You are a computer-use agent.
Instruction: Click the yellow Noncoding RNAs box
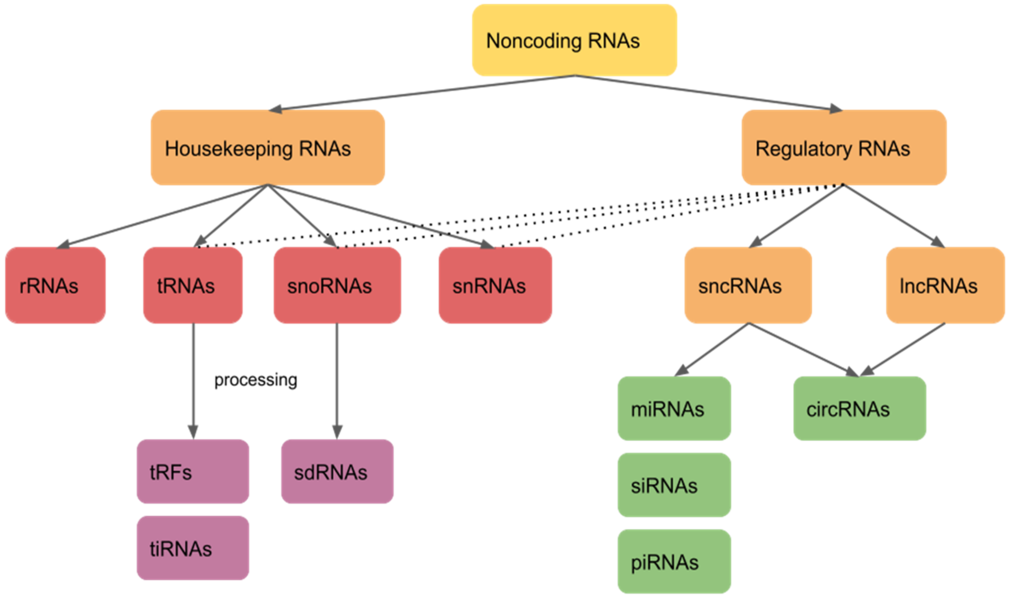[x=574, y=40]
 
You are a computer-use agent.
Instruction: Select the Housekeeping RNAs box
[x=268, y=148]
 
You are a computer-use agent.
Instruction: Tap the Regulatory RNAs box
[x=844, y=148]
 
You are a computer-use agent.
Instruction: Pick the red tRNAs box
[x=193, y=285]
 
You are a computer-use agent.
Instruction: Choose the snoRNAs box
[x=337, y=285]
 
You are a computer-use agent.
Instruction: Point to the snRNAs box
[x=495, y=285]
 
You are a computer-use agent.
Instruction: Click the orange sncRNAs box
[x=748, y=285]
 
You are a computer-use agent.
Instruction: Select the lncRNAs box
[x=945, y=285]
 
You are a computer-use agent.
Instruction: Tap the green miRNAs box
[x=674, y=408]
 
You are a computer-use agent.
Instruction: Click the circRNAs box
[x=859, y=408]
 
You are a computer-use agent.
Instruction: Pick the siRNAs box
[x=674, y=485]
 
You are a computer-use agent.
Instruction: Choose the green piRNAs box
[x=674, y=561]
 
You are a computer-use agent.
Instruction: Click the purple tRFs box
[x=193, y=472]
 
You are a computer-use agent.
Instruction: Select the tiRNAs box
[x=193, y=548]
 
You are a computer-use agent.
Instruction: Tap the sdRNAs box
[x=337, y=472]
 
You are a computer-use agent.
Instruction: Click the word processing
[x=256, y=379]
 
